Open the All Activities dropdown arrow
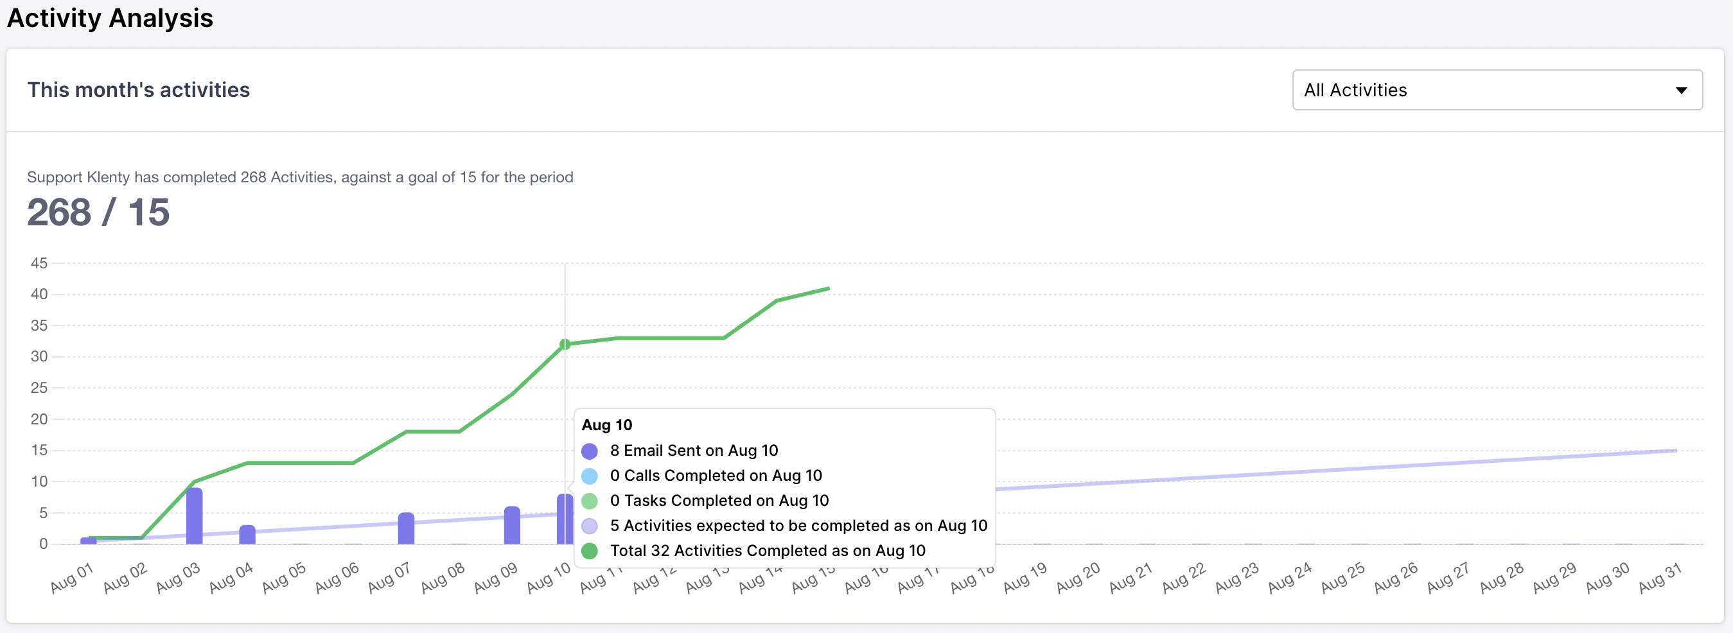[1680, 90]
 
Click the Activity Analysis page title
[110, 18]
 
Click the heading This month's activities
[139, 89]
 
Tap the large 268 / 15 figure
[98, 212]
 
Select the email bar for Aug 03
[195, 516]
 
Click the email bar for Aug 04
[247, 535]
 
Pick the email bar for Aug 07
[407, 529]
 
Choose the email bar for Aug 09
[512, 525]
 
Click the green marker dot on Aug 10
[565, 344]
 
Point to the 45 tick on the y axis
[39, 263]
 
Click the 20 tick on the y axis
[39, 419]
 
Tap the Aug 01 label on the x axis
[72, 578]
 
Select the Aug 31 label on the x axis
[1660, 578]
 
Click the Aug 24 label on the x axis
[1290, 578]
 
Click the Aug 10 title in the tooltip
[607, 425]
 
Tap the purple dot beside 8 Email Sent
[589, 451]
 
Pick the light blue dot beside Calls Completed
[589, 476]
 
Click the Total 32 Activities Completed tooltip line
[767, 551]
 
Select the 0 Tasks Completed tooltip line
[719, 501]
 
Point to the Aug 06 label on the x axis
[337, 578]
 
